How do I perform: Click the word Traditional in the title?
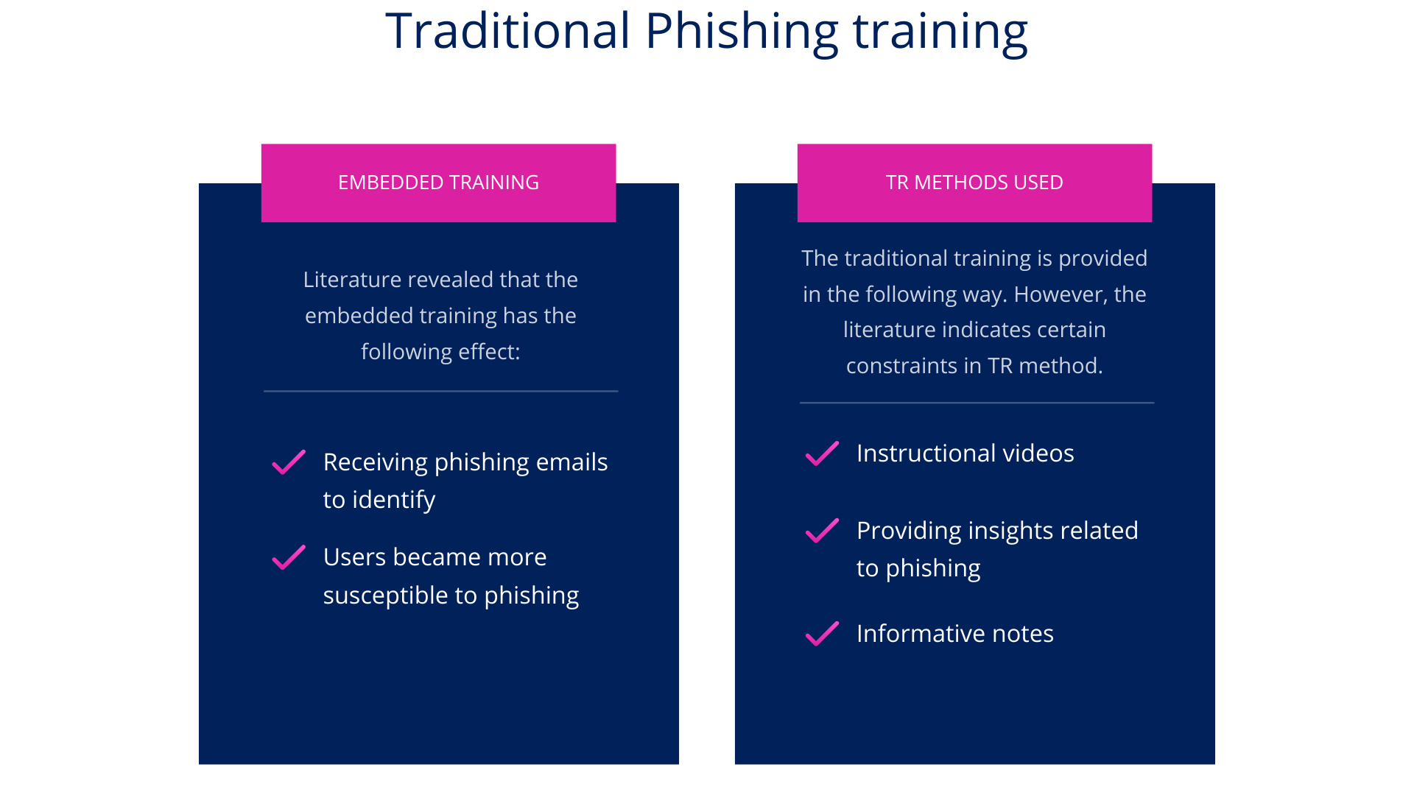[508, 31]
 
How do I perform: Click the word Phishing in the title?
[741, 31]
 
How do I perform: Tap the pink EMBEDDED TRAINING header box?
[438, 183]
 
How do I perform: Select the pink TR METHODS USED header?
[974, 183]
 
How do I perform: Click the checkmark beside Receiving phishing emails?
[289, 462]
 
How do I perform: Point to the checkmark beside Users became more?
[289, 557]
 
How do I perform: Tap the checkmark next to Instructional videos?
[822, 453]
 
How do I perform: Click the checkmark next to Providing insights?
[822, 531]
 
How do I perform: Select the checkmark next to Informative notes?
[822, 634]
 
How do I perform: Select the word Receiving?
[376, 462]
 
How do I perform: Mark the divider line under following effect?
[440, 391]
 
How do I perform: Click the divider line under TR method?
[977, 403]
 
